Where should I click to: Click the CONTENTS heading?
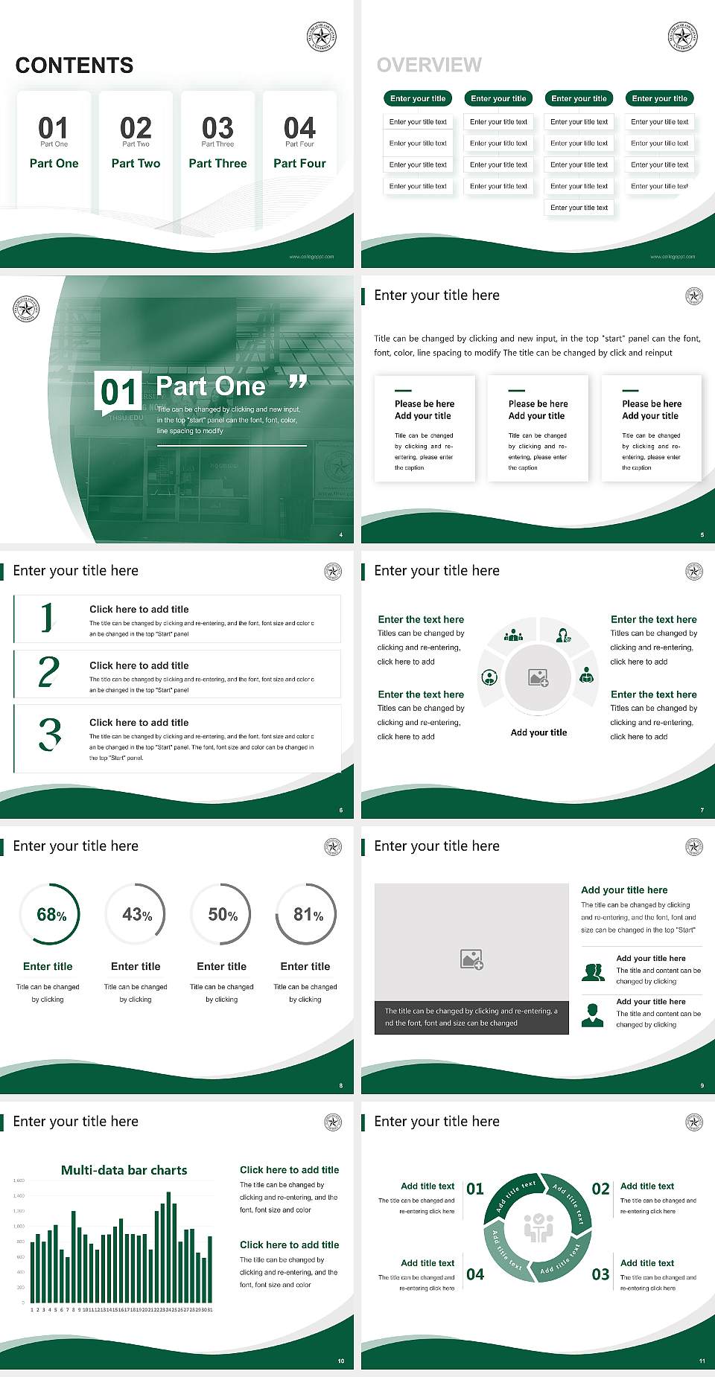tap(74, 66)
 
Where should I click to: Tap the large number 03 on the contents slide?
tap(217, 128)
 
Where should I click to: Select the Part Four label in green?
tap(299, 163)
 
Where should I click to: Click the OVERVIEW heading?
tap(429, 66)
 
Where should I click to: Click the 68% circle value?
tap(51, 915)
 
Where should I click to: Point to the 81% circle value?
tap(308, 915)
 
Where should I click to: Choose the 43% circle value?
tap(137, 915)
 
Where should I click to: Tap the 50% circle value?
tap(223, 915)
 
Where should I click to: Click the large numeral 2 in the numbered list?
tap(48, 672)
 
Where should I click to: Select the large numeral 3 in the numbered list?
tap(50, 735)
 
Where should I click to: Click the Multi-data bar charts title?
tap(124, 1170)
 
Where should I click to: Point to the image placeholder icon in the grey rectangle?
tap(471, 959)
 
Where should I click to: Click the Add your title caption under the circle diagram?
tap(538, 732)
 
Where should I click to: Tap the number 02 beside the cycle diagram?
tap(600, 1189)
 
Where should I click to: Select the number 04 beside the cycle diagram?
tap(475, 1274)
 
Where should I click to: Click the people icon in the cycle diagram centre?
tap(538, 1228)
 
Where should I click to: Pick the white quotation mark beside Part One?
tap(298, 383)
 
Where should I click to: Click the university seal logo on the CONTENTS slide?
tap(322, 36)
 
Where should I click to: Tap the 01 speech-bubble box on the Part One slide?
tap(118, 392)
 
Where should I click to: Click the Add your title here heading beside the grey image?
tap(624, 889)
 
